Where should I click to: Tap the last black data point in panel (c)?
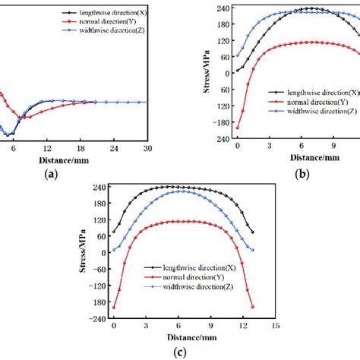point(252,232)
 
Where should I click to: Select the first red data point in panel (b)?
point(238,127)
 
